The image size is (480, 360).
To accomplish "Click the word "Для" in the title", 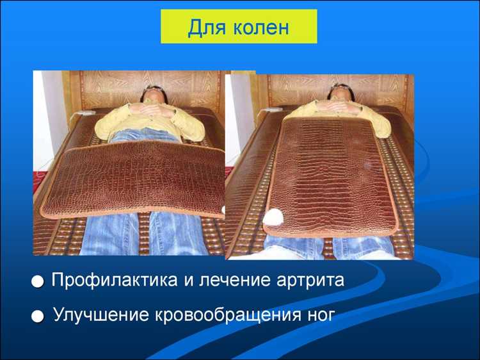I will (x=204, y=28).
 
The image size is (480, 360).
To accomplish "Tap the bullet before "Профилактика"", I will (x=39, y=282).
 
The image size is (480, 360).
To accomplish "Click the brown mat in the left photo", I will (x=134, y=179).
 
